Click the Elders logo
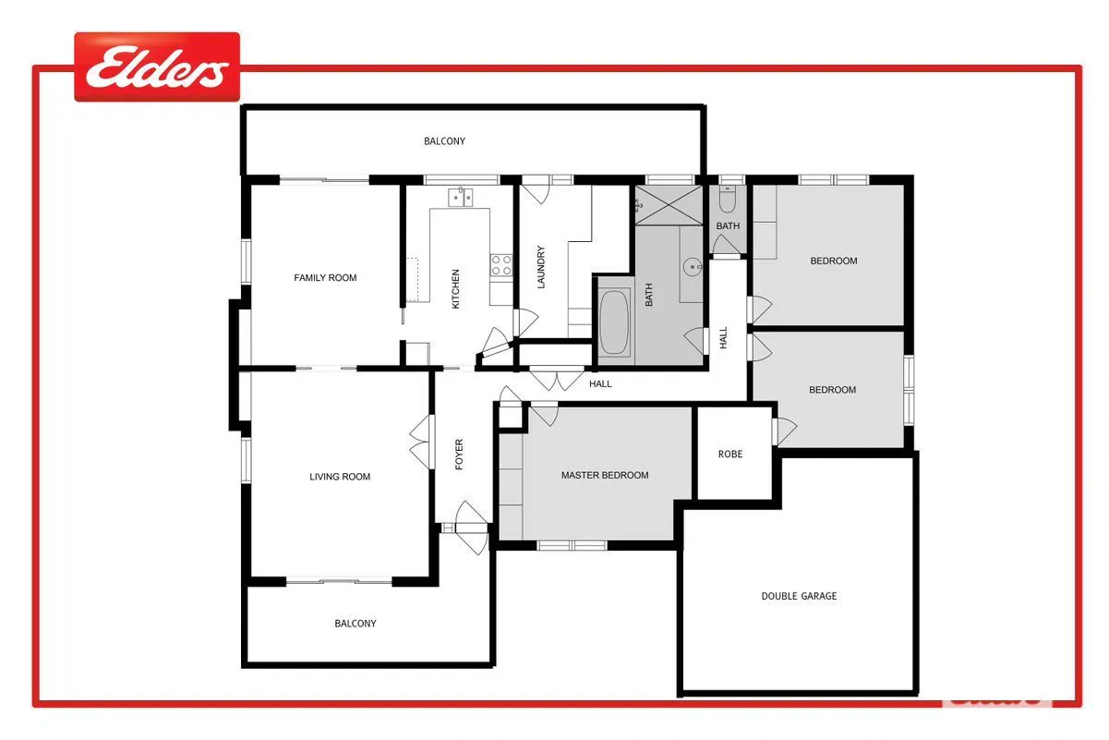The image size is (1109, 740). pyautogui.click(x=157, y=67)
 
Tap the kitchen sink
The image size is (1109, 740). pyautogui.click(x=461, y=197)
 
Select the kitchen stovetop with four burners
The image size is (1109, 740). pyautogui.click(x=501, y=265)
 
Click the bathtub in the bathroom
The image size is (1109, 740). pyautogui.click(x=614, y=322)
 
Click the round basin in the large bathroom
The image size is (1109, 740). pyautogui.click(x=693, y=267)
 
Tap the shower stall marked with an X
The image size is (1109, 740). pyautogui.click(x=669, y=205)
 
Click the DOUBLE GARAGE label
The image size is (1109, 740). pyautogui.click(x=799, y=596)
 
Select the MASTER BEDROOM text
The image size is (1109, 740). pyautogui.click(x=605, y=475)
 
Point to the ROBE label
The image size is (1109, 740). pyautogui.click(x=730, y=454)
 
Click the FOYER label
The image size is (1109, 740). pyautogui.click(x=459, y=455)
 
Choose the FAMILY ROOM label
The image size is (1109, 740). pyautogui.click(x=325, y=278)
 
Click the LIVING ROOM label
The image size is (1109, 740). pyautogui.click(x=340, y=477)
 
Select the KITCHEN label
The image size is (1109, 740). pyautogui.click(x=455, y=289)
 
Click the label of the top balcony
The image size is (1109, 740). pyautogui.click(x=444, y=141)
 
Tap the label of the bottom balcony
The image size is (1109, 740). pyautogui.click(x=356, y=623)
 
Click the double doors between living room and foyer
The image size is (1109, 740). pyautogui.click(x=422, y=442)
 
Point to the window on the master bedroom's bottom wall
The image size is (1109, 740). pyautogui.click(x=572, y=545)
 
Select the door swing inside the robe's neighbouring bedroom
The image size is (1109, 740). pyautogui.click(x=785, y=431)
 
